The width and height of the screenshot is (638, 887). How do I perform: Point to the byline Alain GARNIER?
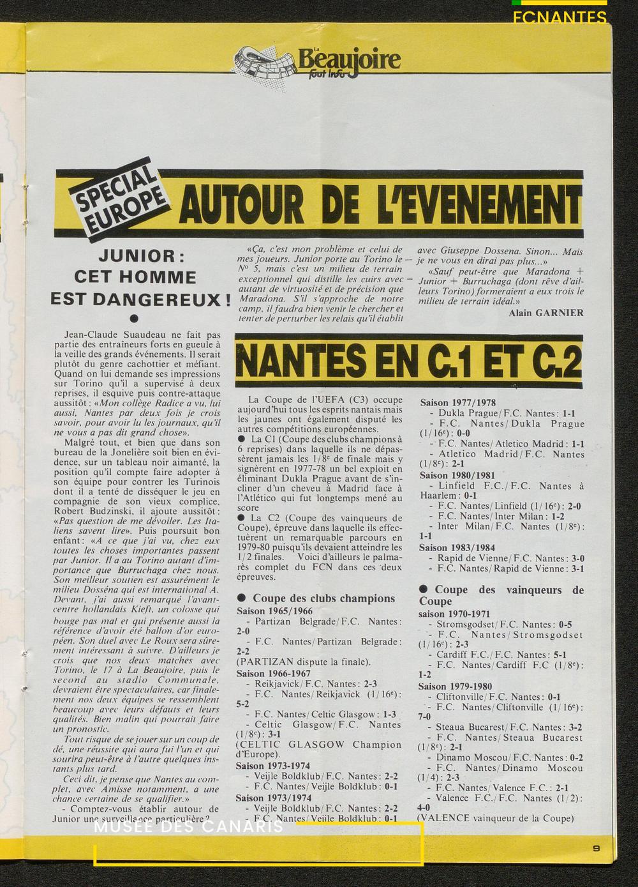tap(546, 312)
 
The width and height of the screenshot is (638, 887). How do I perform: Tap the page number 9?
tap(595, 848)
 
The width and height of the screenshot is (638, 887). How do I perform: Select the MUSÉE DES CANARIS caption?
tap(188, 828)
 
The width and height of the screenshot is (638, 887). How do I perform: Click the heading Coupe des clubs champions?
tap(323, 598)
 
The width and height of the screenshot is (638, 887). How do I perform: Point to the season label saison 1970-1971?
tap(456, 612)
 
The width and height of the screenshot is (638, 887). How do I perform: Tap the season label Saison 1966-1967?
tap(274, 673)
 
